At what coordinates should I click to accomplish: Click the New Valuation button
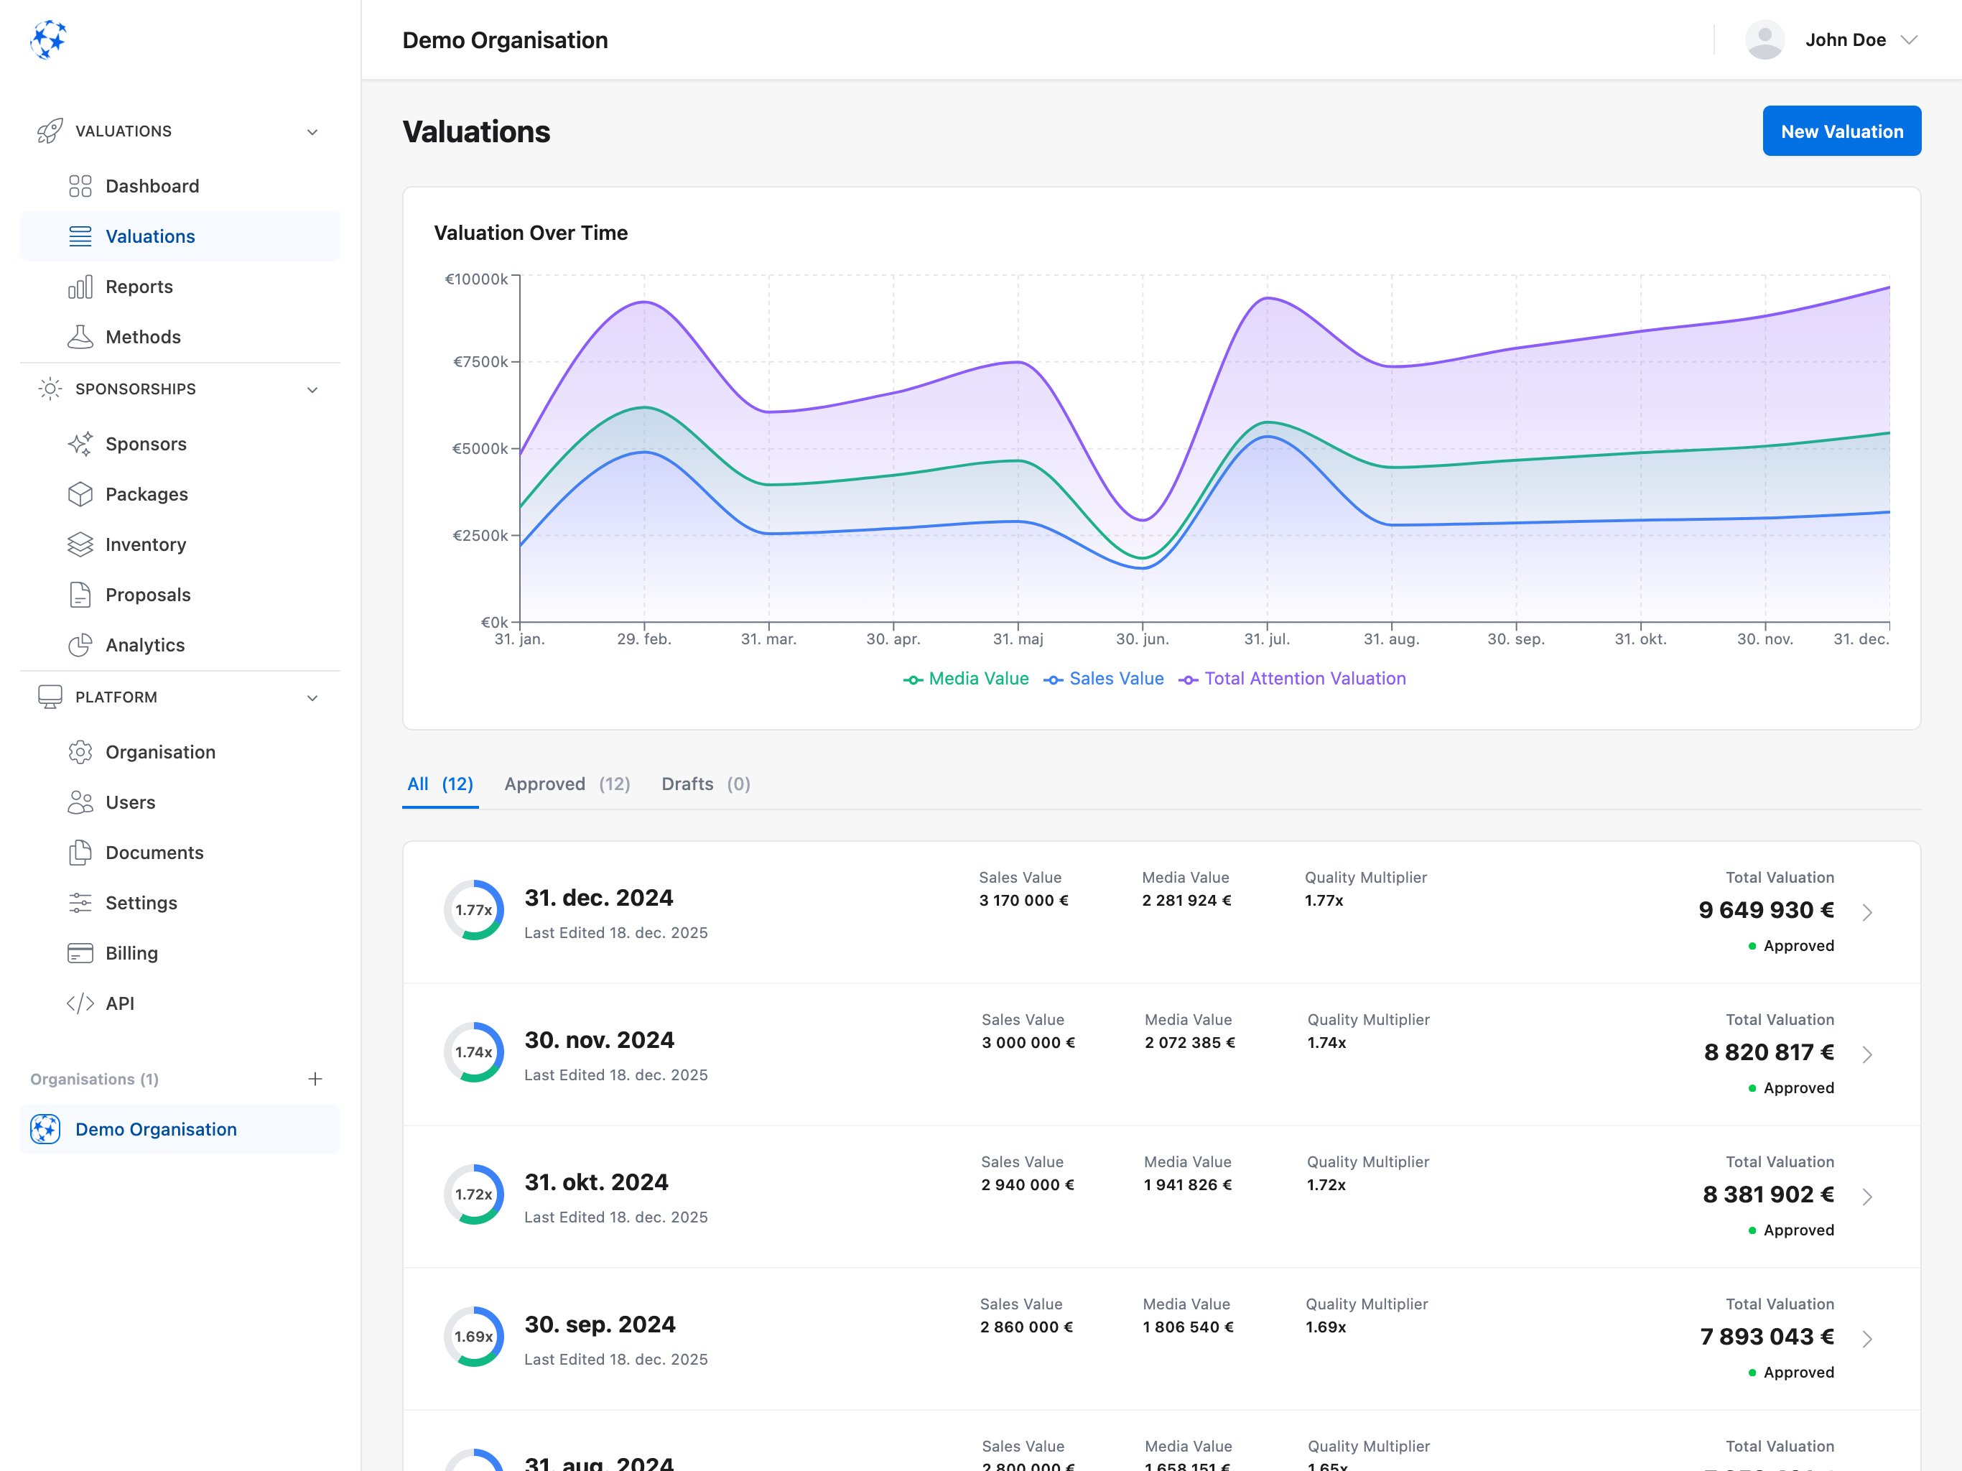click(x=1841, y=131)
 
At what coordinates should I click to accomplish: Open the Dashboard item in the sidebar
click(x=152, y=186)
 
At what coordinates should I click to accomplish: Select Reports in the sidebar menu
click(x=139, y=287)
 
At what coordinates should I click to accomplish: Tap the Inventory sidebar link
click(x=146, y=544)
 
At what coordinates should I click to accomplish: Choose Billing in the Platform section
click(x=131, y=953)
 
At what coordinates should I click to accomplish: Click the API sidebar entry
click(x=120, y=1003)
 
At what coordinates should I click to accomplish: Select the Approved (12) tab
click(x=567, y=784)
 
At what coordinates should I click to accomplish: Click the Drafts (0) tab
click(x=705, y=784)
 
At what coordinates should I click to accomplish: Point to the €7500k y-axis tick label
click(x=480, y=362)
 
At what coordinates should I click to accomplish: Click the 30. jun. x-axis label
click(x=1142, y=639)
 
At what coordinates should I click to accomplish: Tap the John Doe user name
click(x=1845, y=40)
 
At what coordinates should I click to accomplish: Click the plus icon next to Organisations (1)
click(x=315, y=1079)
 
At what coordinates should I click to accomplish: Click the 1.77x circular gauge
click(x=474, y=910)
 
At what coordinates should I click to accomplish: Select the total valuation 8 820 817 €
click(x=1768, y=1052)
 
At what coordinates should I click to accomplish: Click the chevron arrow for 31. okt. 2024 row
click(x=1867, y=1197)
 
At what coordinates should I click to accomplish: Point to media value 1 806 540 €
click(x=1188, y=1327)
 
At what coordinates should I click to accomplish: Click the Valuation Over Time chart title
click(x=531, y=233)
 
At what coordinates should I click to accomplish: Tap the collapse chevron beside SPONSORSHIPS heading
click(x=312, y=389)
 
